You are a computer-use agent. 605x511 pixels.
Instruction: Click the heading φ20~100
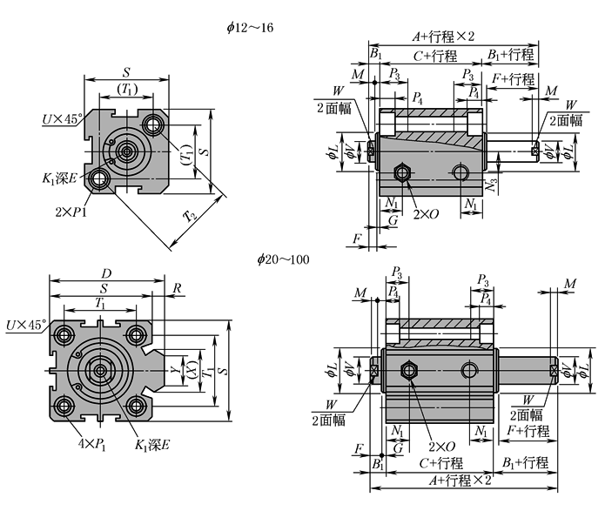point(285,259)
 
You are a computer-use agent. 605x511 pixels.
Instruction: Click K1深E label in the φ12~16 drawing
point(58,178)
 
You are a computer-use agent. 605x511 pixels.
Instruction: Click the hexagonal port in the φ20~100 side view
point(407,373)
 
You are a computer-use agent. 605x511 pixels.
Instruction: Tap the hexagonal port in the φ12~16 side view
point(402,171)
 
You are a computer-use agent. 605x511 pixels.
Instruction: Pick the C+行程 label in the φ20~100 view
point(439,462)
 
